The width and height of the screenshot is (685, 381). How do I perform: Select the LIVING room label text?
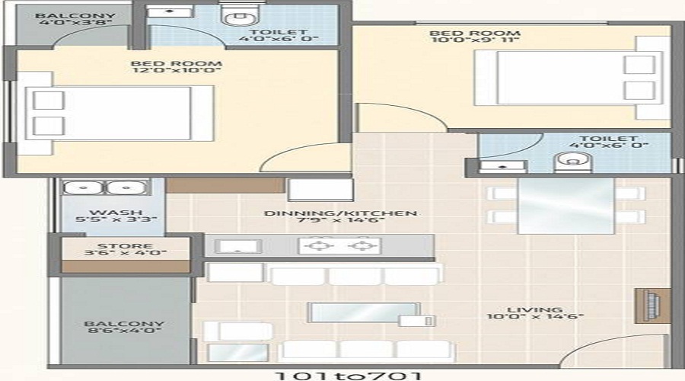point(534,311)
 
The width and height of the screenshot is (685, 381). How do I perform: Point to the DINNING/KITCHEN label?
point(340,213)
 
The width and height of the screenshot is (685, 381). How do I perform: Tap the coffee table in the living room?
point(365,312)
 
